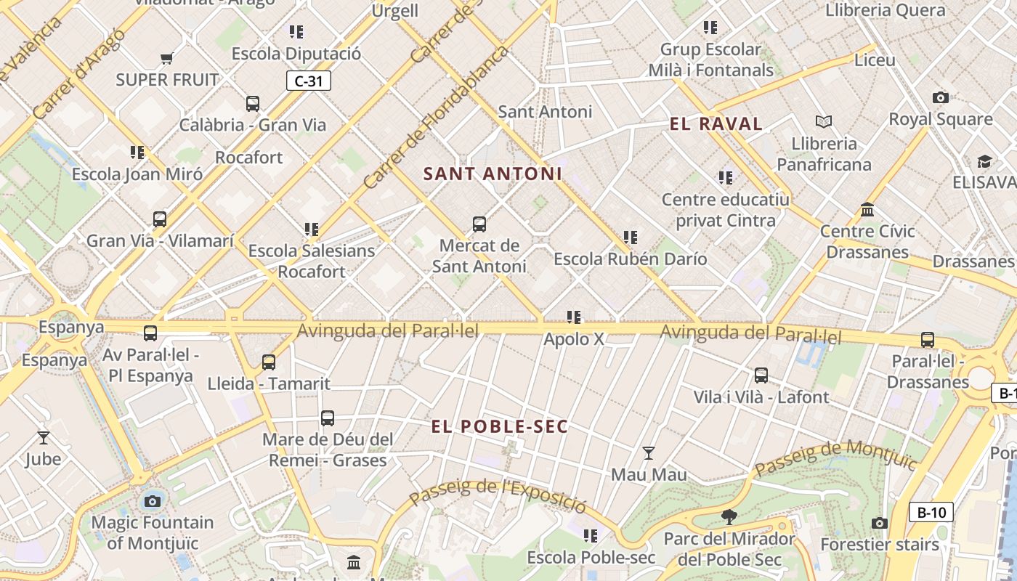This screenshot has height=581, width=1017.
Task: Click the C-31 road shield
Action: coord(309,81)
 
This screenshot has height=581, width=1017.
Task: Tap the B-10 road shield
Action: coord(931,512)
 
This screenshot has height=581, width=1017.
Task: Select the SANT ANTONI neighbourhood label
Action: coord(493,174)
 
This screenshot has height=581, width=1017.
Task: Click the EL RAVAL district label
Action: coord(716,124)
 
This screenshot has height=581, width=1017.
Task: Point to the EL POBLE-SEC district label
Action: coord(499,426)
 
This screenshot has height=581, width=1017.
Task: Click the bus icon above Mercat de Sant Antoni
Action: coord(479,224)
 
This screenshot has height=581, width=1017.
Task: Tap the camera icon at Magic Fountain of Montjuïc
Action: coord(153,500)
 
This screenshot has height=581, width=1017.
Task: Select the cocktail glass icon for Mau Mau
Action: coord(649,453)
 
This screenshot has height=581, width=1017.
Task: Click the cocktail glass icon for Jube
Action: coord(44,437)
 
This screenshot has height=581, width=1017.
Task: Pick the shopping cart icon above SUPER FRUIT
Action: coord(167,58)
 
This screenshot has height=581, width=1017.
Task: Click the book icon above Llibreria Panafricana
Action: coord(824,121)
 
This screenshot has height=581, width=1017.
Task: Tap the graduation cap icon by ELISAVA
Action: coord(984,161)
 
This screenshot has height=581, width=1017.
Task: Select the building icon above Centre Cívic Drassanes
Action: coord(867,210)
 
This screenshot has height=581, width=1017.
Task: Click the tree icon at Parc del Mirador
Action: coord(729,517)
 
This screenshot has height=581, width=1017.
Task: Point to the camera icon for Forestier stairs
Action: coord(879,523)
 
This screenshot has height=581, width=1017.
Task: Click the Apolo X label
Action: coord(574,338)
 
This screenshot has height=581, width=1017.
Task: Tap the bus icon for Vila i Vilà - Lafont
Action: coord(761,375)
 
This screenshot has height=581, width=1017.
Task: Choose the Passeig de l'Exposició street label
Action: coord(498,497)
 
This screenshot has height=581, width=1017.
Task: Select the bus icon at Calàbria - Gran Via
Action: coord(252,103)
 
